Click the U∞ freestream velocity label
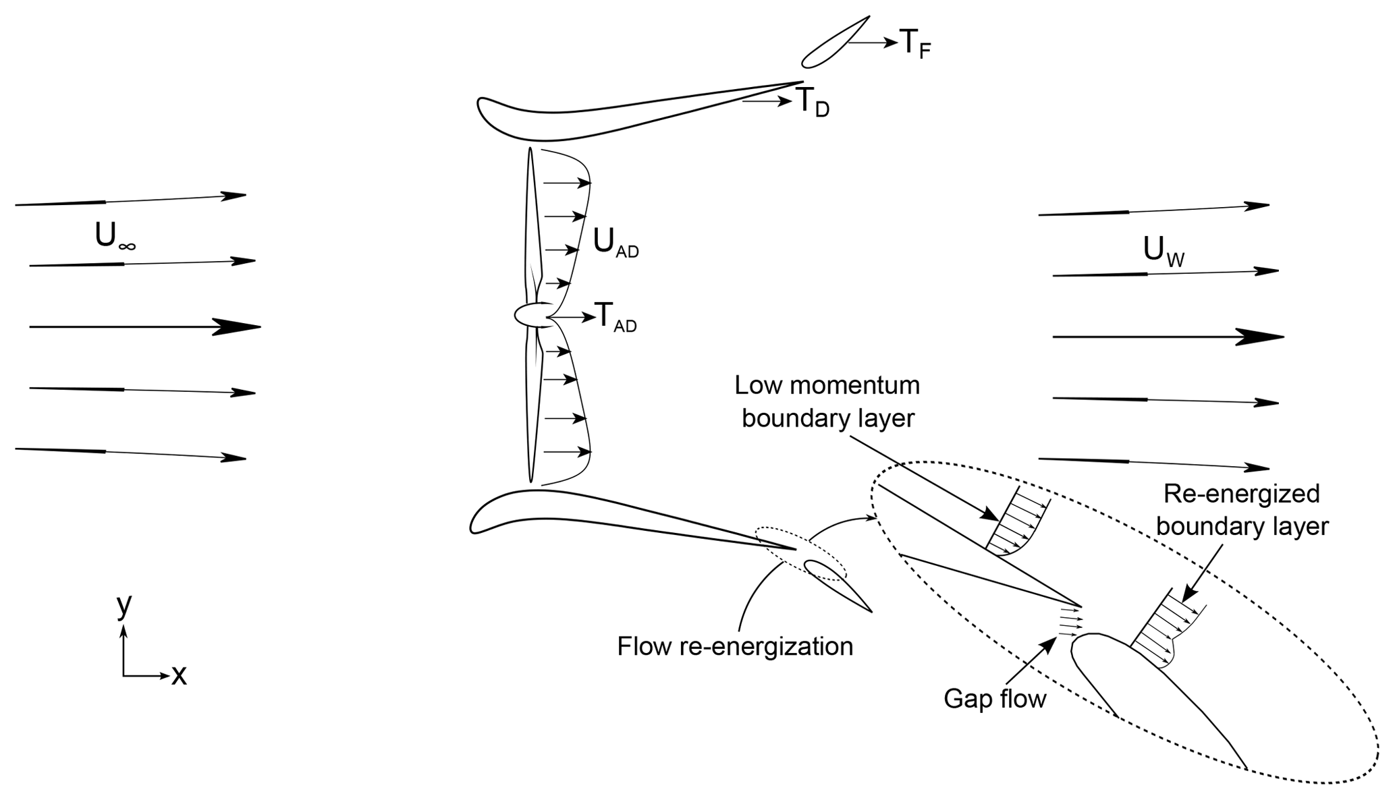point(115,237)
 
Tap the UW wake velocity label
point(1163,251)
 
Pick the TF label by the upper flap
point(915,45)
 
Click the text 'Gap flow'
point(994,699)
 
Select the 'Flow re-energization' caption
point(735,646)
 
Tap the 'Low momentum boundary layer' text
point(827,402)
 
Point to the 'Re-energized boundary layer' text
point(1242,510)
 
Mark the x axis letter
point(179,675)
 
